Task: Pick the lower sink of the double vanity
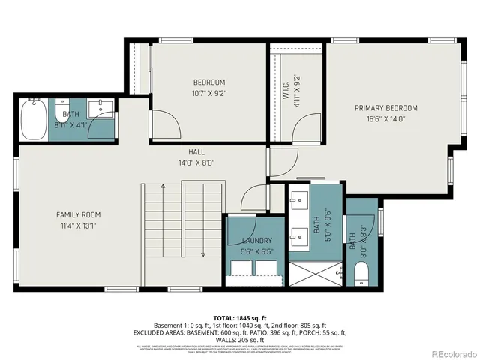click(298, 232)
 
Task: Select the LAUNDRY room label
click(256, 241)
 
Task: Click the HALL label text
click(196, 152)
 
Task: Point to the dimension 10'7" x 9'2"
click(208, 94)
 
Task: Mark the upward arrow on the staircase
click(163, 187)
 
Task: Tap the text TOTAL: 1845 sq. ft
click(241, 317)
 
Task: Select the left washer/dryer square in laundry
click(241, 266)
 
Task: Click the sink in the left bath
click(98, 109)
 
